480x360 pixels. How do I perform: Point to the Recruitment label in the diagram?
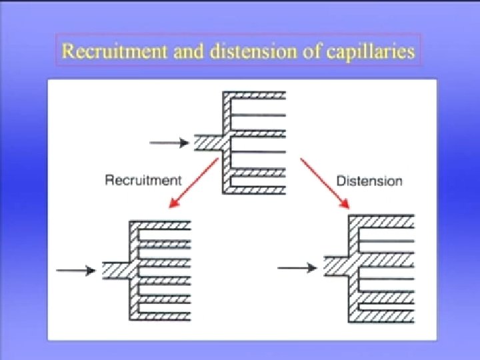tap(143, 180)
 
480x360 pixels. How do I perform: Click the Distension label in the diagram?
tap(369, 181)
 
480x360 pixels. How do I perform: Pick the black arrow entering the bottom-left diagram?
tap(75, 270)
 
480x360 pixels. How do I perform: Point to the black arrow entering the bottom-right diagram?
tap(297, 267)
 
